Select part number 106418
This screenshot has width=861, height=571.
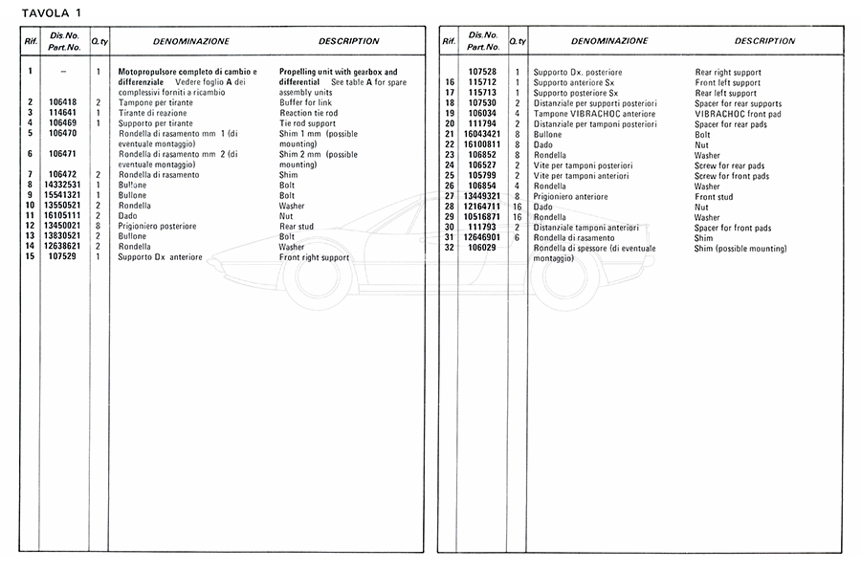click(x=62, y=102)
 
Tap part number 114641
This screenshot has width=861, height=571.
click(x=62, y=113)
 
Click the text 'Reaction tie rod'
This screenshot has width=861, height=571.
click(x=308, y=113)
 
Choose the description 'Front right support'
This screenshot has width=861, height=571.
click(x=314, y=257)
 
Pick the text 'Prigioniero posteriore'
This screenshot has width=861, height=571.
click(x=157, y=227)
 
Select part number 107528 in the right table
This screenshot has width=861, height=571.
click(x=482, y=73)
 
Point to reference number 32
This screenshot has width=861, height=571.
click(x=449, y=249)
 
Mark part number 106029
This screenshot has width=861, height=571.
click(x=482, y=249)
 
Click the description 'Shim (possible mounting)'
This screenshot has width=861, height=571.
click(x=740, y=249)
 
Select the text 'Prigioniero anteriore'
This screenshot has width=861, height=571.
click(x=572, y=197)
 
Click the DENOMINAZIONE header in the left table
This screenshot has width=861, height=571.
click(x=191, y=42)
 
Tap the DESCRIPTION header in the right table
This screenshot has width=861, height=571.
click(x=764, y=41)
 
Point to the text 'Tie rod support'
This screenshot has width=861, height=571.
click(x=307, y=123)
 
